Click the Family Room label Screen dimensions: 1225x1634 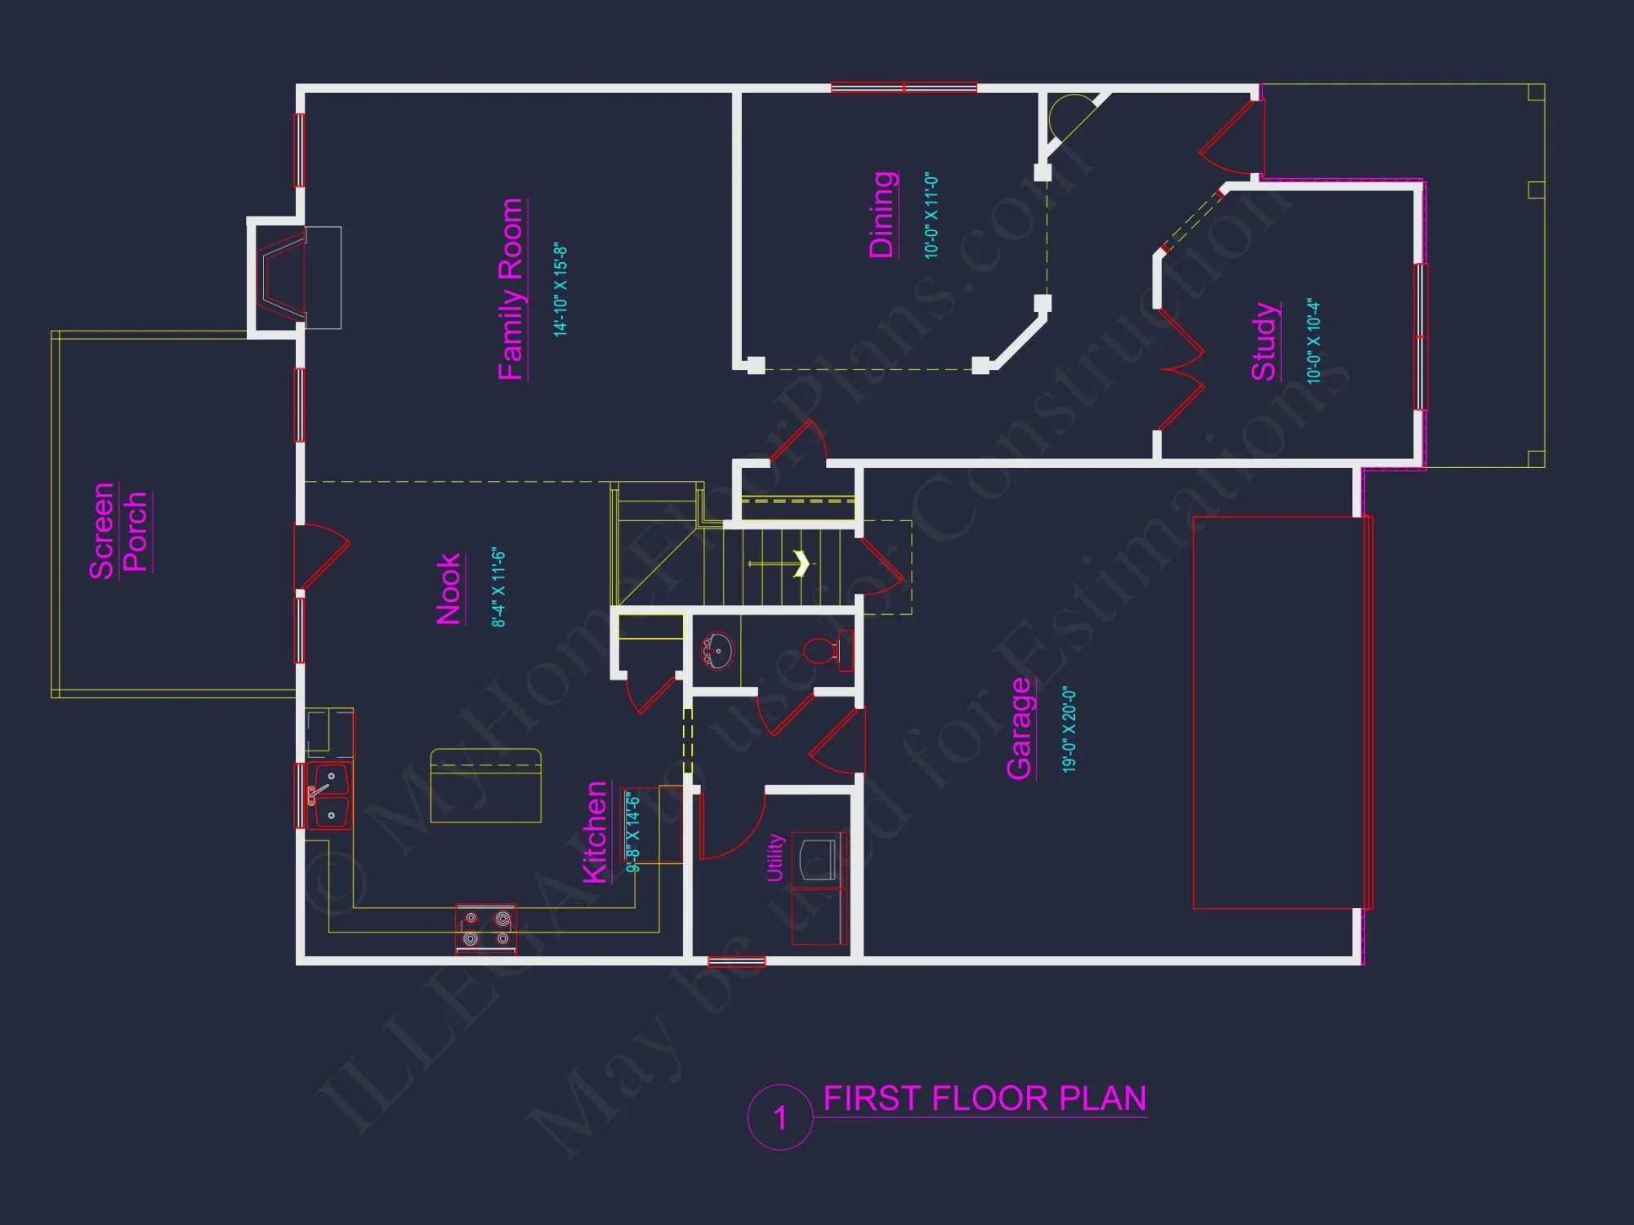(x=511, y=289)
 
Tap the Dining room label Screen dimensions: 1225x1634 (x=882, y=215)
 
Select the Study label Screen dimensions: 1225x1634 (x=1264, y=341)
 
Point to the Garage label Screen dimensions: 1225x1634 (x=1020, y=728)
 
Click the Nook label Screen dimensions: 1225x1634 (x=449, y=589)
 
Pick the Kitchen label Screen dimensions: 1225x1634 (x=596, y=832)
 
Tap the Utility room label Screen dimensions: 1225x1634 (x=775, y=857)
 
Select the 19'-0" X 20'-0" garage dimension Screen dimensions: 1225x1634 (x=1069, y=729)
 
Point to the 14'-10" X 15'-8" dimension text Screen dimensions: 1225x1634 (x=560, y=289)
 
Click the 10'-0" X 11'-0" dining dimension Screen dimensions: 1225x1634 (x=931, y=216)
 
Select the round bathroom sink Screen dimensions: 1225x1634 (x=718, y=651)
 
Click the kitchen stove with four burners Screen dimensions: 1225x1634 (x=486, y=929)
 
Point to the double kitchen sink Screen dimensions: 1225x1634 (x=330, y=795)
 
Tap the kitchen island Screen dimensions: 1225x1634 (x=485, y=785)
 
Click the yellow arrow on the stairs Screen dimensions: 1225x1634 (x=801, y=563)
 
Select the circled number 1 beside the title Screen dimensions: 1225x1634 (x=780, y=1117)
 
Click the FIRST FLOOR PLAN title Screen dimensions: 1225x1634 (x=984, y=1098)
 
